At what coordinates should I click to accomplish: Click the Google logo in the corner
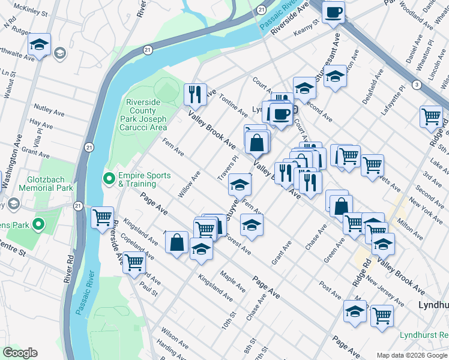coord(20,353)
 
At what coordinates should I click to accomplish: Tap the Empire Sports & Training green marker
coord(109,178)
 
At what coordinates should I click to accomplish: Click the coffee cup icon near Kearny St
coord(333,11)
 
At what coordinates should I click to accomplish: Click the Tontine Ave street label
coord(233,105)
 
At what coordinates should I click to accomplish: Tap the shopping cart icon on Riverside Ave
coord(134,262)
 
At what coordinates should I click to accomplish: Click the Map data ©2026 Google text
coord(412,355)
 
